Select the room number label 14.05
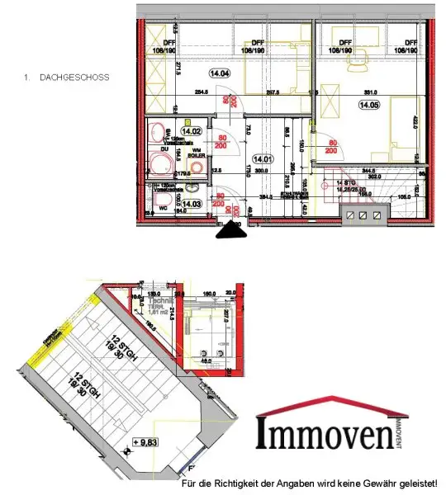click(x=368, y=105)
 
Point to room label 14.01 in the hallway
click(x=263, y=159)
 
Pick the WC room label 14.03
click(x=192, y=203)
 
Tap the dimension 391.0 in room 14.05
click(x=372, y=92)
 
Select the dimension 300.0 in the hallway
click(x=263, y=171)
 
